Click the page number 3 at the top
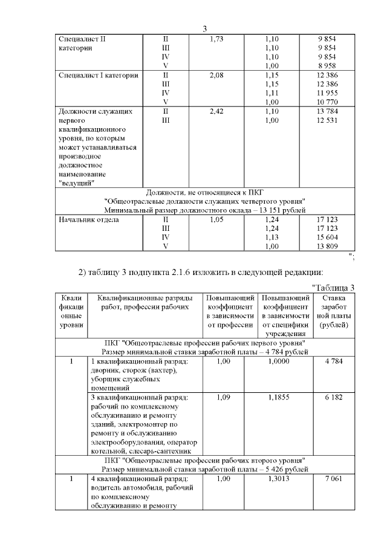pos(204,29)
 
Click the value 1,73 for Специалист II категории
pos(216,39)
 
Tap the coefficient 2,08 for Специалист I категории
pos(216,75)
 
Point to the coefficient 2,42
pos(216,112)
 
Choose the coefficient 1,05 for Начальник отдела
pos(216,219)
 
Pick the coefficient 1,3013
pos(284,479)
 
